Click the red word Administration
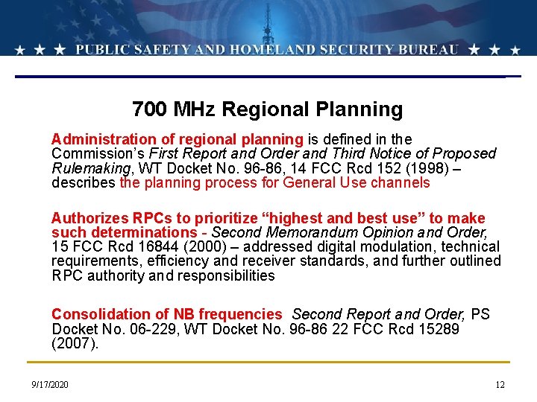tap(100, 139)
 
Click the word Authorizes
tap(89, 218)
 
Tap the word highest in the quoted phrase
tap(292, 218)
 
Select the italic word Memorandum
tap(307, 232)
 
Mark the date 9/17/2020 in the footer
tap(50, 385)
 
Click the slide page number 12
tap(500, 385)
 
